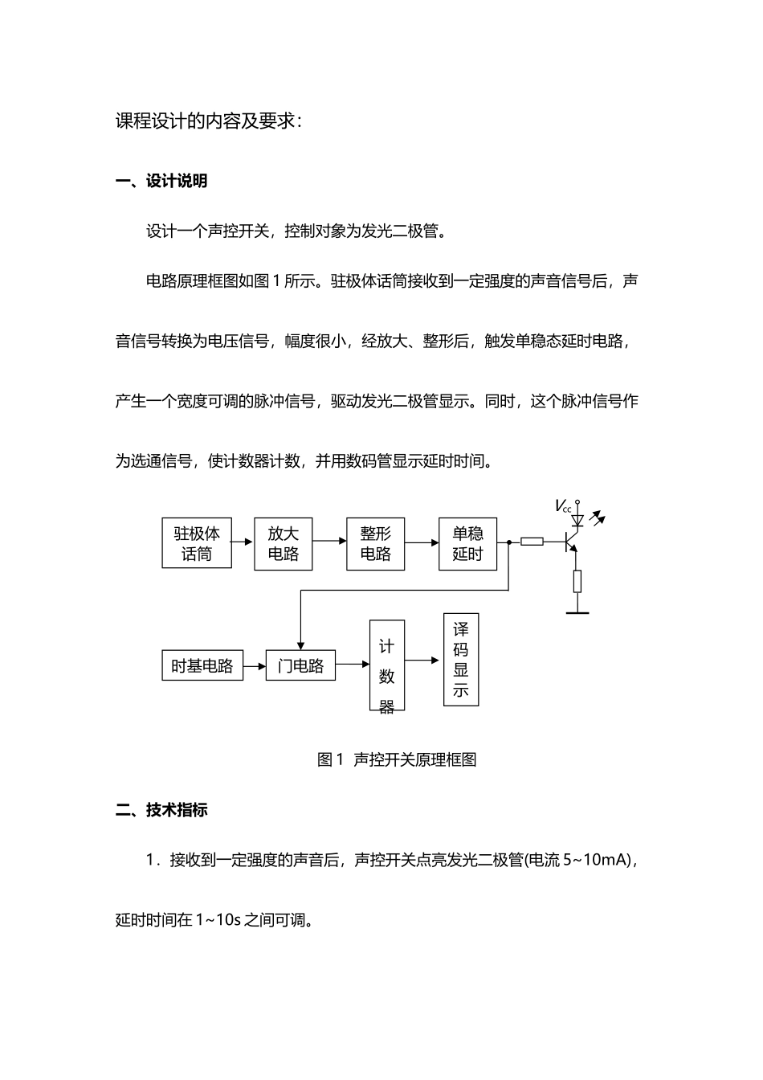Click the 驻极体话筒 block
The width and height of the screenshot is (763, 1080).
coord(197,543)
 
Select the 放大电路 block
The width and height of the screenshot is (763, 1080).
coord(283,543)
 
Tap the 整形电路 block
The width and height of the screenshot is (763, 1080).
coord(375,543)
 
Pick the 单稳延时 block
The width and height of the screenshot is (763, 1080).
coord(467,543)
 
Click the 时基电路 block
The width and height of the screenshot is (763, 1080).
coord(202,665)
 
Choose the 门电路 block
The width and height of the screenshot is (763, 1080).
coord(300,665)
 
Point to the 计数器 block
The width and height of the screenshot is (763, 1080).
coord(386,665)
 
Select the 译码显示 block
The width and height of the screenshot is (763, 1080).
coord(461,660)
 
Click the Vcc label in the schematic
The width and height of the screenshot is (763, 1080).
coord(563,506)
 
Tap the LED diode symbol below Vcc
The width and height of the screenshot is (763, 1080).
coord(577,521)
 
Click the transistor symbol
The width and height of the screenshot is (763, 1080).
coord(573,542)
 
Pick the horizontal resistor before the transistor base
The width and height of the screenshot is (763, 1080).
coord(532,542)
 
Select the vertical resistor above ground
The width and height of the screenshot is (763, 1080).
coord(577,581)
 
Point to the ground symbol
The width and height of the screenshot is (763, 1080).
coord(577,612)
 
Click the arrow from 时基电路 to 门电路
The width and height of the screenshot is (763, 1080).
coord(255,665)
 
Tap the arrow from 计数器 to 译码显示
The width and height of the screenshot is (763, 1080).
coord(424,660)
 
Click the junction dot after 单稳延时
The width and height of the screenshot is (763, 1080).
coord(508,543)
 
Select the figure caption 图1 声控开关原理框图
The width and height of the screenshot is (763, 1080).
coord(397,759)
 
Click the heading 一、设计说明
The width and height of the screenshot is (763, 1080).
coord(161,182)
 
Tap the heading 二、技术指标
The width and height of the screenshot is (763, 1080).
coord(161,810)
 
